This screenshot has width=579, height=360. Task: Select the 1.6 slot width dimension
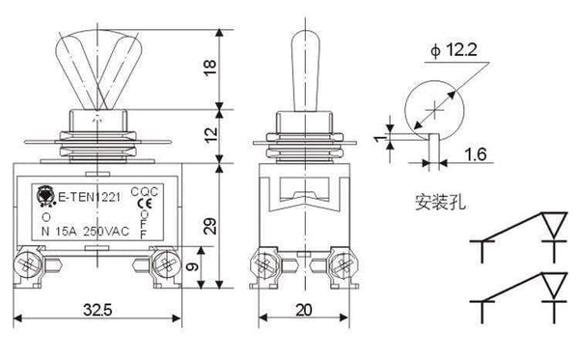coord(474,152)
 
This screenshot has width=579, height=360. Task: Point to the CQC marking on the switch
coord(142,192)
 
